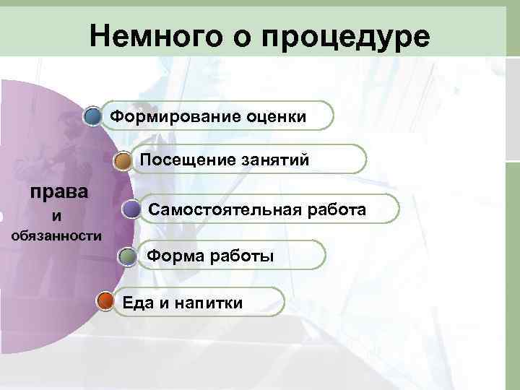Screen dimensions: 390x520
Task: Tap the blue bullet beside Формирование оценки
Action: (x=92, y=116)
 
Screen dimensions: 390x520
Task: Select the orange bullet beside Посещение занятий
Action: (x=124, y=160)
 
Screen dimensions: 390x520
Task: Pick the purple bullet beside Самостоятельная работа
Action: (x=131, y=209)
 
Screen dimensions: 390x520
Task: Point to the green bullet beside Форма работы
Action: (x=127, y=256)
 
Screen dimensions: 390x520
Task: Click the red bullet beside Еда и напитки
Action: (x=105, y=302)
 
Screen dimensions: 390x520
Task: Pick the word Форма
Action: (x=172, y=256)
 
